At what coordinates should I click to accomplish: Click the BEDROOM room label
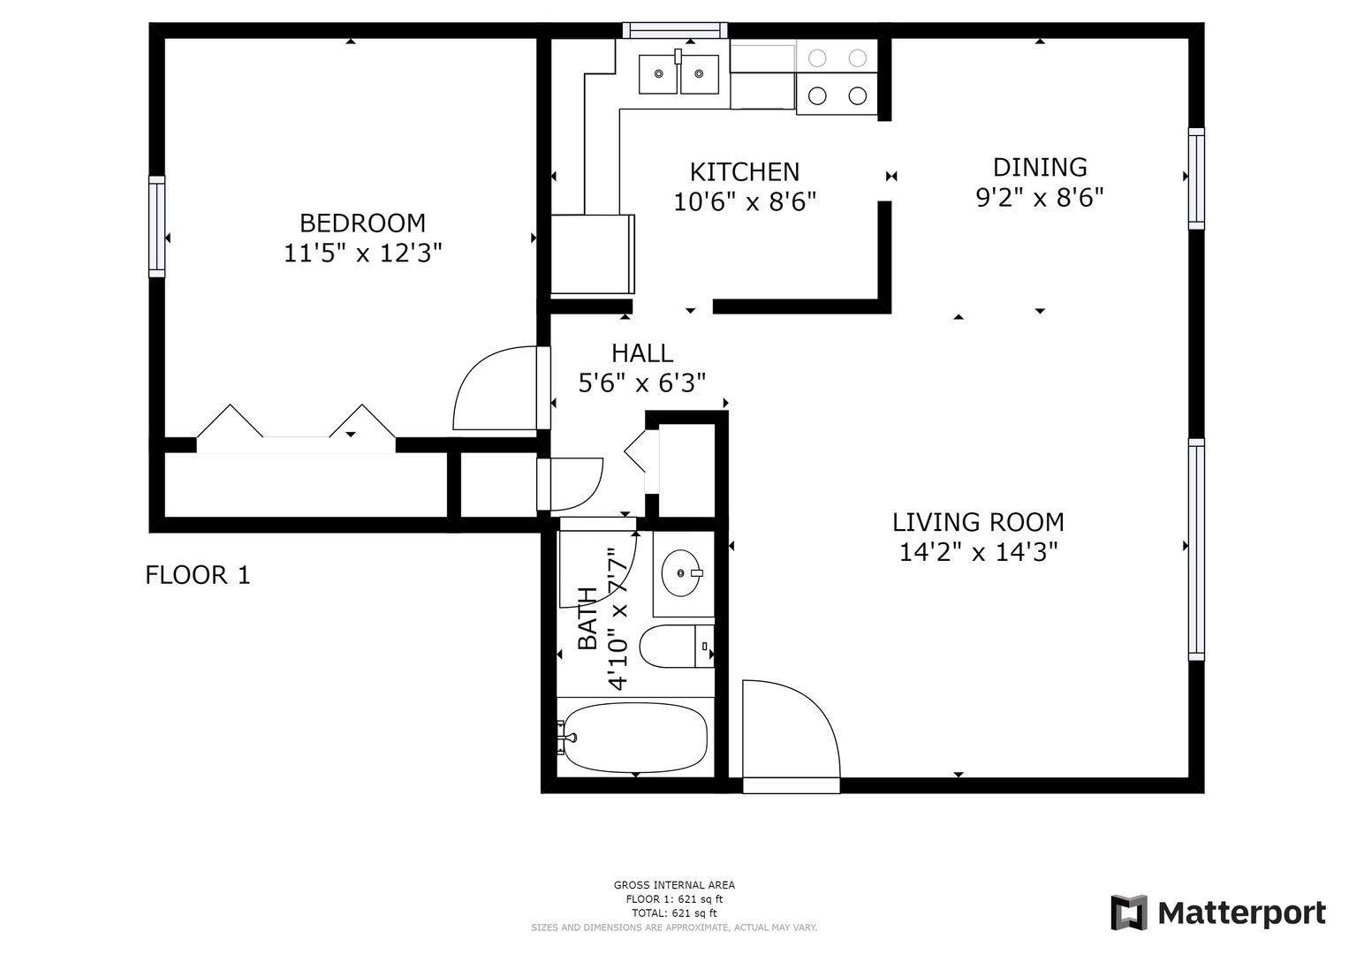click(362, 223)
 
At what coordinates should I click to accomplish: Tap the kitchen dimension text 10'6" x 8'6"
click(745, 201)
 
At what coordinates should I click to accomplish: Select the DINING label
click(1040, 168)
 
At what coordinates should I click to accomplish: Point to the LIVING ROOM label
click(978, 522)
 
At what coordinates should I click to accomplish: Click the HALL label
click(642, 353)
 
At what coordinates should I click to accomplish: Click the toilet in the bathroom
click(677, 647)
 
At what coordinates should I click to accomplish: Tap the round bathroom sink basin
click(681, 572)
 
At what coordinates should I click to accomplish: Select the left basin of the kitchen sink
click(657, 74)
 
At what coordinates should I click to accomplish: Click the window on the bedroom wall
click(156, 226)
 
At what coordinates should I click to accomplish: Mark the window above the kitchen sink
click(675, 30)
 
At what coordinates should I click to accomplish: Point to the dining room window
click(1197, 178)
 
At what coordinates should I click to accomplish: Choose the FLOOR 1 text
click(198, 575)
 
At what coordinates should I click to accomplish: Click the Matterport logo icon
click(1128, 912)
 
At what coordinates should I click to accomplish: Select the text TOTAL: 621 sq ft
click(674, 913)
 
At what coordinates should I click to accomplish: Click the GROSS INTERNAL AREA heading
click(674, 885)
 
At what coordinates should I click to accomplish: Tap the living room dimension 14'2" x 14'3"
click(978, 552)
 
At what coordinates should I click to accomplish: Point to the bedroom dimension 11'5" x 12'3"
click(362, 253)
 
